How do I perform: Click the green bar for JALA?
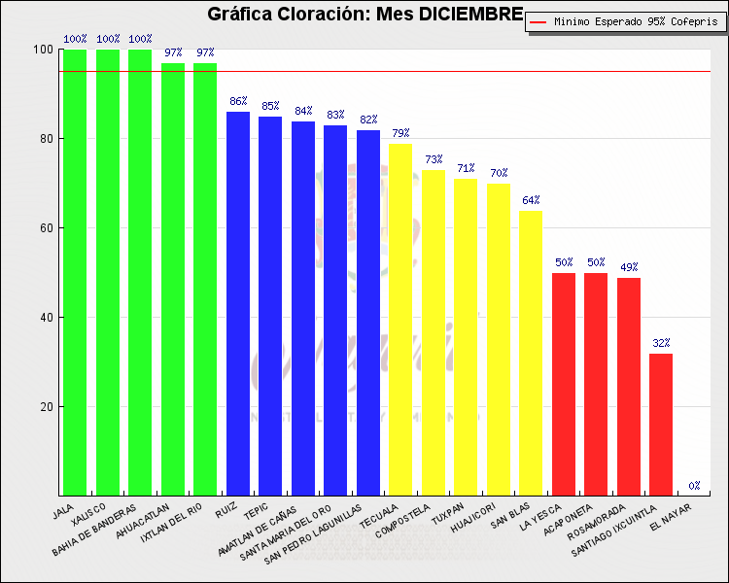(x=75, y=272)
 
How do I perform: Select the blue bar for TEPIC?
(x=270, y=306)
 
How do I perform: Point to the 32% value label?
(x=661, y=344)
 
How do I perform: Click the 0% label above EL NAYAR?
(x=694, y=486)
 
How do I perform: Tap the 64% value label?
(x=531, y=201)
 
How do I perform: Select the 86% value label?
(x=238, y=102)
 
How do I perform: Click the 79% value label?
(x=400, y=133)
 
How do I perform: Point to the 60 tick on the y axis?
(x=46, y=228)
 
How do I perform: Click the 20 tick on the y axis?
(x=46, y=407)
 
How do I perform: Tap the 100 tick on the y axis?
(x=43, y=50)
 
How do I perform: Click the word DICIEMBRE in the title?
(x=471, y=15)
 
